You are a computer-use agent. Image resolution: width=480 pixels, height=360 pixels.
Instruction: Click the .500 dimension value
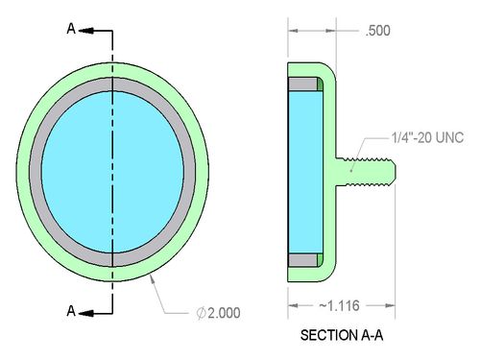[x=378, y=31]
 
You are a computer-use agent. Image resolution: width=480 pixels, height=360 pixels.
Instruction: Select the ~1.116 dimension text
[x=339, y=306]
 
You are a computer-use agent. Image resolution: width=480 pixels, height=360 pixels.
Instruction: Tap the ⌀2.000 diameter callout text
[x=218, y=313]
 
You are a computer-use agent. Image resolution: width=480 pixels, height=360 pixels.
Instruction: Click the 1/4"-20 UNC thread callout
[x=427, y=137]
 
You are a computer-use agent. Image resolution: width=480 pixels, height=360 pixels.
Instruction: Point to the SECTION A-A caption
[x=342, y=335]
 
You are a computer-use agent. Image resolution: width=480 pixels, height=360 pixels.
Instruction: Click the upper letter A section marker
[x=71, y=29]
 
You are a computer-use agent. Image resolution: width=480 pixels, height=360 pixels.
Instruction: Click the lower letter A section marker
[x=71, y=311]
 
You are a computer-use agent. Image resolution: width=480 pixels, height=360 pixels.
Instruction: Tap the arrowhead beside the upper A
[x=86, y=31]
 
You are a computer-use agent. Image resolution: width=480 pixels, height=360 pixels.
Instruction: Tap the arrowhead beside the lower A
[x=86, y=313]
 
